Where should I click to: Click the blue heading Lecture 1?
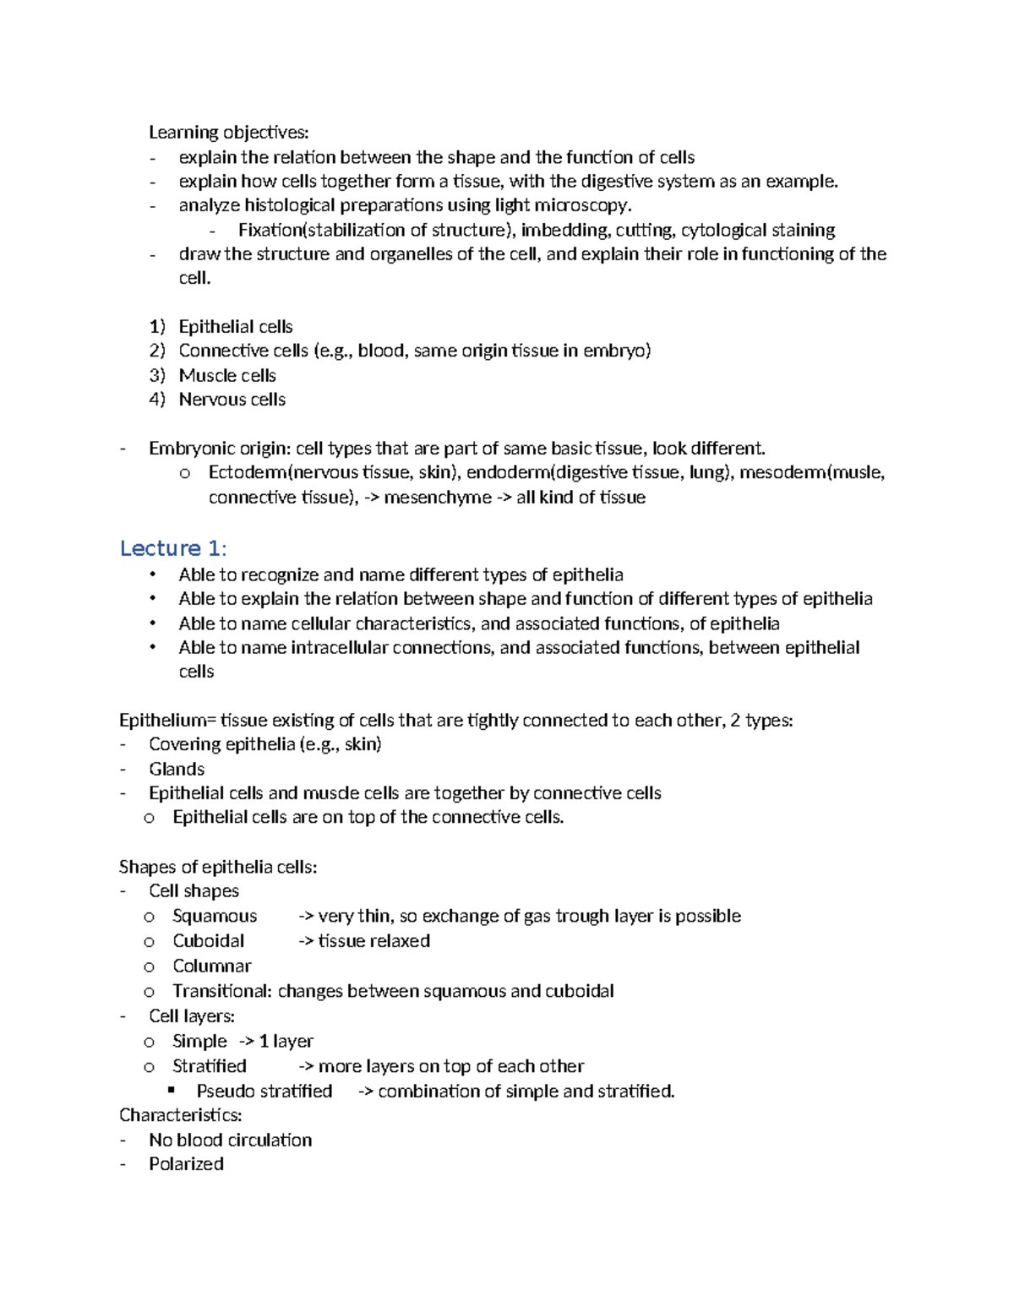coord(173,548)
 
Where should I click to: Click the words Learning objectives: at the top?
coord(229,132)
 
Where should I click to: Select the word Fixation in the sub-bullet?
coord(270,230)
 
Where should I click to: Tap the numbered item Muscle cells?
coord(227,375)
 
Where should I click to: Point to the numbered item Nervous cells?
coord(232,400)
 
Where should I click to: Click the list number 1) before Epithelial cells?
coord(157,327)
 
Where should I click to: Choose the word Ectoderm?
coord(248,472)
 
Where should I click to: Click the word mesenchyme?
coord(437,498)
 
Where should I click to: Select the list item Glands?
coord(177,769)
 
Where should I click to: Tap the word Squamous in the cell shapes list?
coord(215,916)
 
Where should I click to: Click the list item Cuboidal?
coord(209,941)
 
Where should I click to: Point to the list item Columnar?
coord(212,966)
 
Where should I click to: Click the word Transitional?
coord(222,991)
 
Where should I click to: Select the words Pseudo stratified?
coord(264,1091)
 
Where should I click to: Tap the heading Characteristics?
coord(181,1115)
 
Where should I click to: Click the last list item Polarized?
coord(187,1164)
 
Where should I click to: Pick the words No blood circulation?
coord(231,1140)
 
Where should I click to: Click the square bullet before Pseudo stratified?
coord(172,1090)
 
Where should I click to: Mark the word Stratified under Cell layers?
coord(210,1066)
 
